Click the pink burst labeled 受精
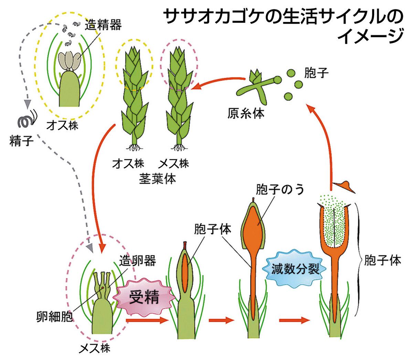point(144,297)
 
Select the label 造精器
point(103,24)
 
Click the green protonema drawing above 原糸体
point(258,86)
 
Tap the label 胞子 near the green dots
point(316,73)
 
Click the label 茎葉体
point(157,179)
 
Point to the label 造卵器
point(137,261)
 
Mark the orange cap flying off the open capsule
point(346,186)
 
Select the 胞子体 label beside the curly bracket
point(382,261)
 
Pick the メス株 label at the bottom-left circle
point(94,348)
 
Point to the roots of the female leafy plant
point(178,148)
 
